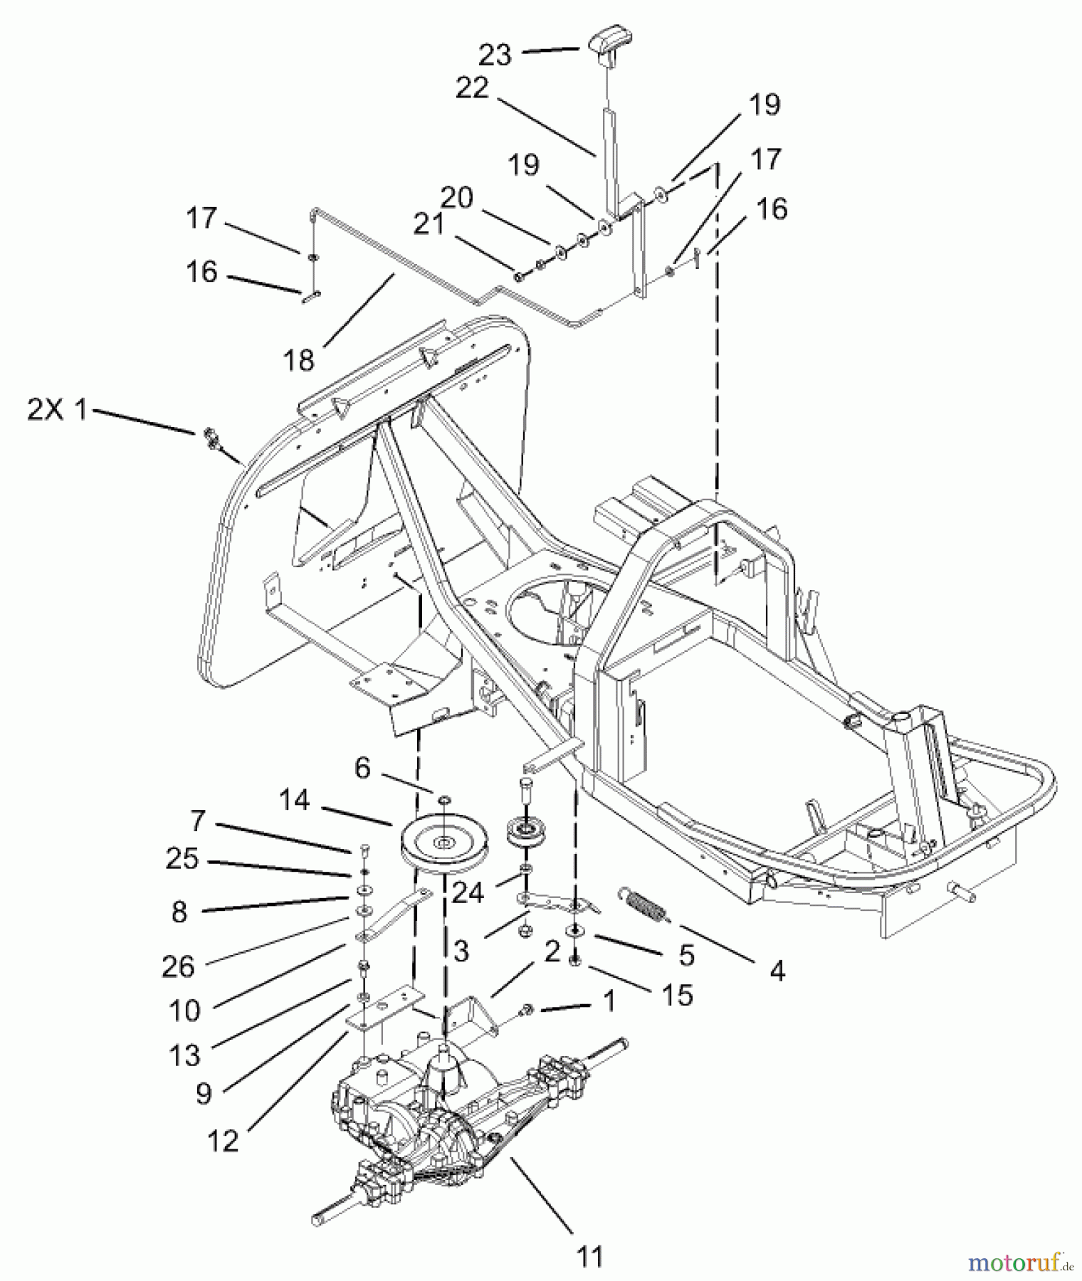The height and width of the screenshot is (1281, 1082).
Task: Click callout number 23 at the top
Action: coord(495,54)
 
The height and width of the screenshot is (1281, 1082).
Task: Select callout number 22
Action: coord(472,88)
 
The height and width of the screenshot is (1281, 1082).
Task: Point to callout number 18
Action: coord(299,361)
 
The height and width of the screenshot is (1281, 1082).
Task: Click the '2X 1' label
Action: coord(57,411)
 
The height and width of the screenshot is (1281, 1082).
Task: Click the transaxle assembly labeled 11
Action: coord(456,1110)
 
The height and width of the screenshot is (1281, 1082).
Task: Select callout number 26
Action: coord(178,966)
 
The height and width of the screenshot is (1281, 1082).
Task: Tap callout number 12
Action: coord(222,1141)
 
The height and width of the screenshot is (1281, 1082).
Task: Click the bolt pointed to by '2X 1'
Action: coord(211,436)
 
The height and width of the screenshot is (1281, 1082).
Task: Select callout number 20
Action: coord(456,197)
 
